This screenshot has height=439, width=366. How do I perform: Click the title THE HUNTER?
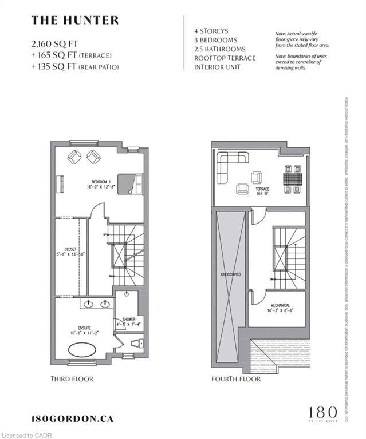point(75,21)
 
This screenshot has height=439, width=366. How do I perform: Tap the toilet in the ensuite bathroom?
point(135,344)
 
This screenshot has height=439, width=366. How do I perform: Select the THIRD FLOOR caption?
point(72,378)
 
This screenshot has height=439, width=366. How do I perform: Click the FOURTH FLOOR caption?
point(236,378)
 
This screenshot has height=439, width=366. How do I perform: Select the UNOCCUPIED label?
point(230,274)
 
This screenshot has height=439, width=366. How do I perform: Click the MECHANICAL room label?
point(280,308)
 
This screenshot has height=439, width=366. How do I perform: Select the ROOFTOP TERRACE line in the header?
point(225,58)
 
